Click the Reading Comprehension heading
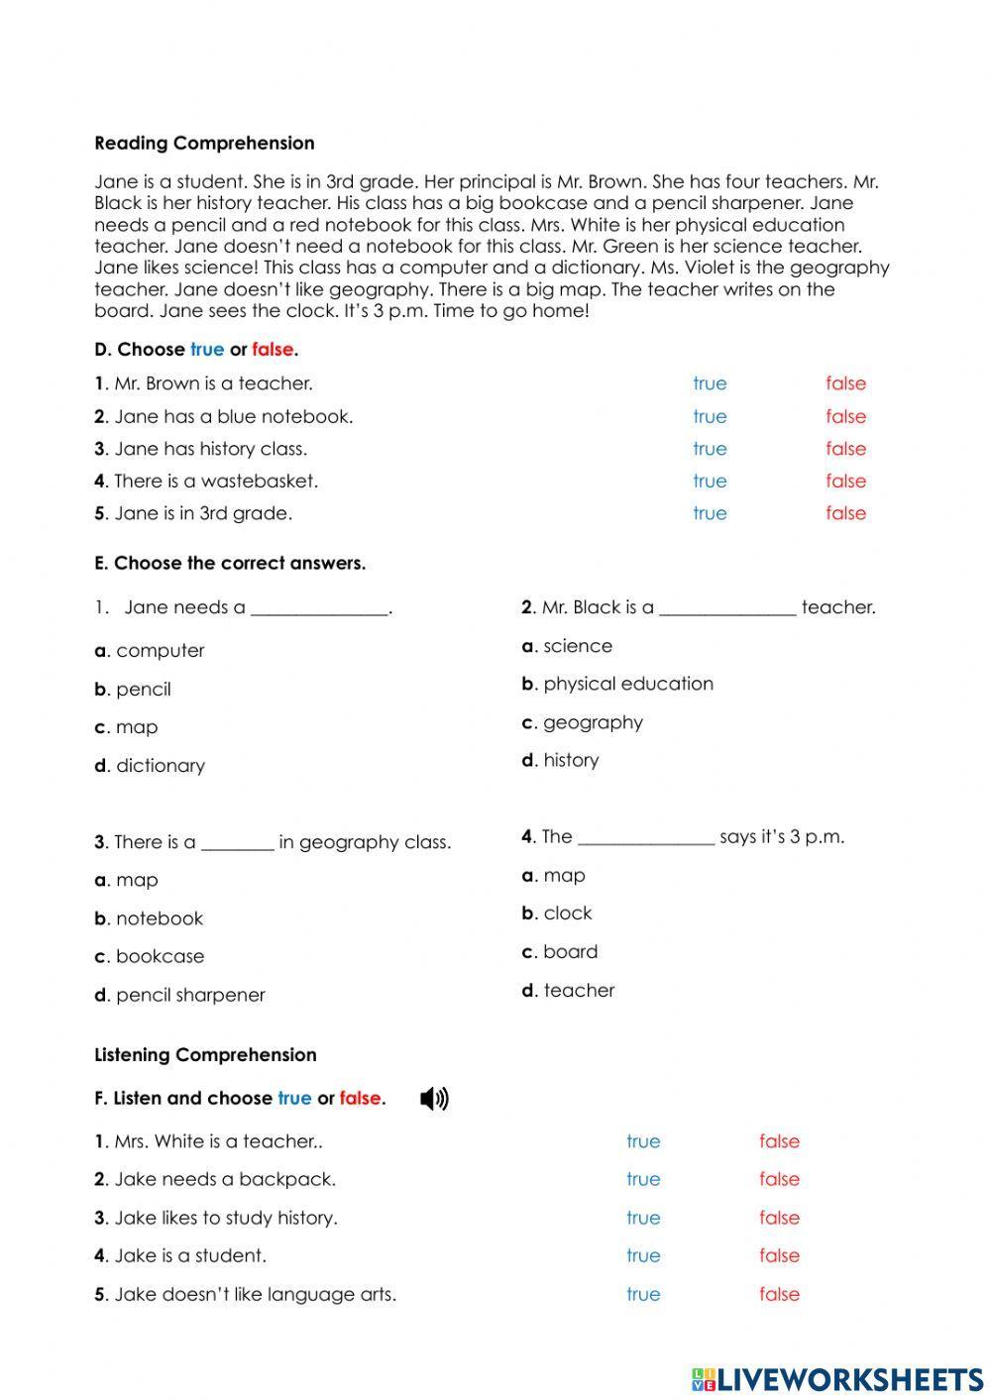(204, 143)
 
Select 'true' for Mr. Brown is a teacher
(710, 383)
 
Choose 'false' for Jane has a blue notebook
(845, 416)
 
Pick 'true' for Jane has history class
(710, 449)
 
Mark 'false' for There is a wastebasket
(845, 481)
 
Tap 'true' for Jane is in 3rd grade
(710, 513)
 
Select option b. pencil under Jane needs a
(133, 690)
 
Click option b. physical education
(617, 684)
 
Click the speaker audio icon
(434, 1099)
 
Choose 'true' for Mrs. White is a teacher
(643, 1141)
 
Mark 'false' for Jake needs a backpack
(779, 1179)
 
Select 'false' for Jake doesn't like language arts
(779, 1294)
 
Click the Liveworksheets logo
(836, 1378)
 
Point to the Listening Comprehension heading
(205, 1055)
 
